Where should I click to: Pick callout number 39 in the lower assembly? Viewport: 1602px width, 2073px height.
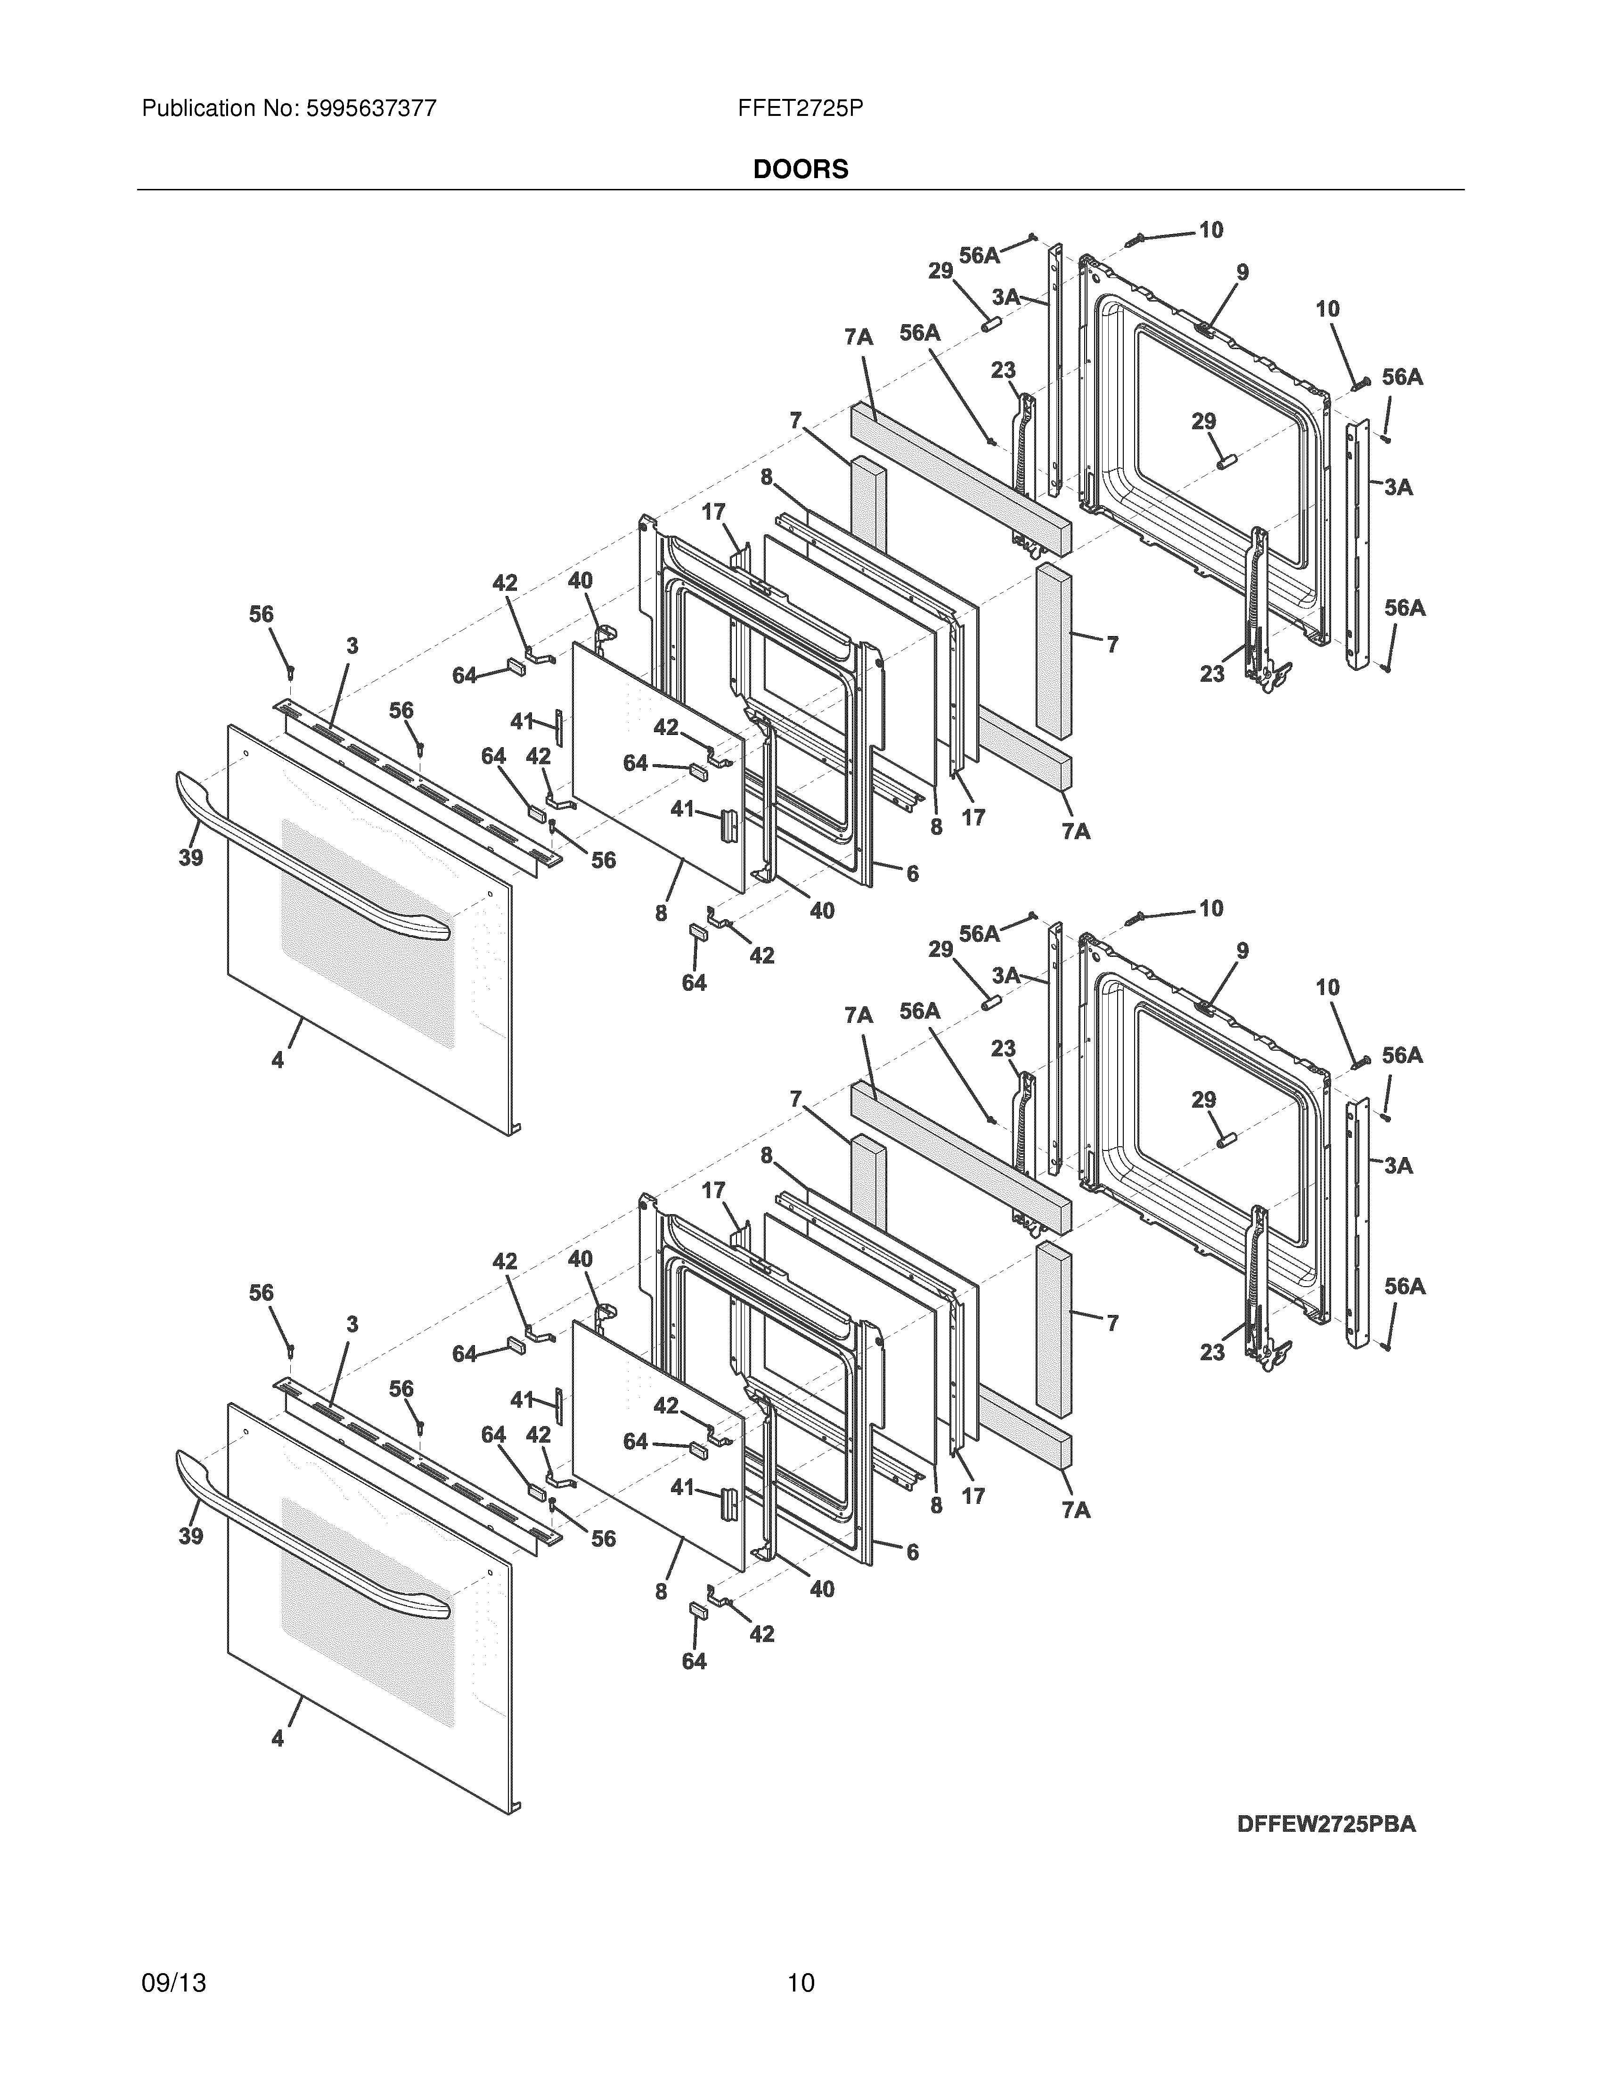point(191,1536)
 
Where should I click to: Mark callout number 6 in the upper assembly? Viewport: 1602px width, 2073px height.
point(912,873)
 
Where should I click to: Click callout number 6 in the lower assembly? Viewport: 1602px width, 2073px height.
point(912,1552)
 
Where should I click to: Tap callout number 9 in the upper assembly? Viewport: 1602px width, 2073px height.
point(1242,272)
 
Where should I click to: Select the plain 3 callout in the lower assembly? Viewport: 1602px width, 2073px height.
point(352,1324)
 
